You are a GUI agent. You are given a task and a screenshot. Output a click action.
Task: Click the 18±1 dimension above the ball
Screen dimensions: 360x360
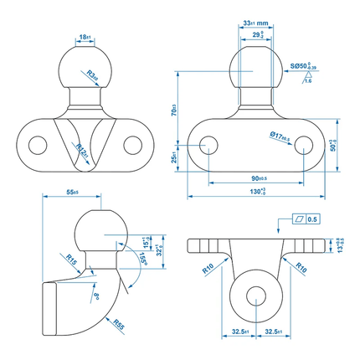pyautogui.click(x=85, y=38)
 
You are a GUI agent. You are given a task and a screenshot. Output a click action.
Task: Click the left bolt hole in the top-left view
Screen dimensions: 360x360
pyautogui.click(x=36, y=145)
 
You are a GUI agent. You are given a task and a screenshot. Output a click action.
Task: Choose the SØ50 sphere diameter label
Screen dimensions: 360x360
pyautogui.click(x=302, y=64)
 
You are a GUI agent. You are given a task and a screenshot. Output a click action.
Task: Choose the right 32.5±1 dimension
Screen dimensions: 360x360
pyautogui.click(x=272, y=332)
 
